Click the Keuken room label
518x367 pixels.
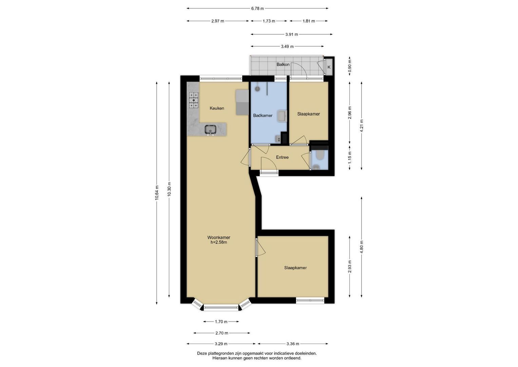pos(217,108)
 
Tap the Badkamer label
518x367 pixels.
pos(263,116)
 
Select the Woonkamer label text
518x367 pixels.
pos(218,238)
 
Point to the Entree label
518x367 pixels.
pos(282,157)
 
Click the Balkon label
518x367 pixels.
pos(283,65)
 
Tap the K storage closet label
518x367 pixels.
pos(329,67)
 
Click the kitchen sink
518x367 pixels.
pos(48,129)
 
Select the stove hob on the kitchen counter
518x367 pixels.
pos(194,100)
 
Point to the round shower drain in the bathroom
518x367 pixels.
pos(257,89)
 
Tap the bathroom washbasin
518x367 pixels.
pos(282,116)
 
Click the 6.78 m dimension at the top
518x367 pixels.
pos(257,8)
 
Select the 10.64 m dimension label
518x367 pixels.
pos(157,193)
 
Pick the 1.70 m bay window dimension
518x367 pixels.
pos(221,321)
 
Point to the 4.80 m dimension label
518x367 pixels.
pos(362,247)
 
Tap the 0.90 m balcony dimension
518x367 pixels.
pos(350,66)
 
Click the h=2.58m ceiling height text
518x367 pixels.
pos(218,242)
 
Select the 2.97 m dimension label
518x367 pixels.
pos(217,21)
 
